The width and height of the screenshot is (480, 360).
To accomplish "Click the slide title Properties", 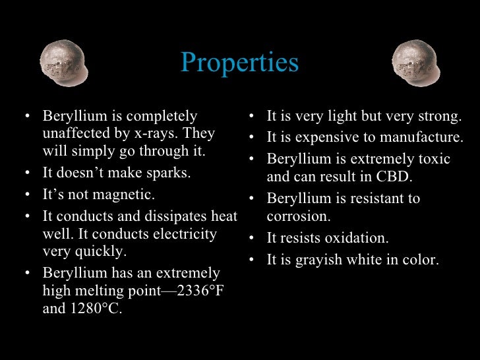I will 239,63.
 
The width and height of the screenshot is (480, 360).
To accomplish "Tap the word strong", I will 440,117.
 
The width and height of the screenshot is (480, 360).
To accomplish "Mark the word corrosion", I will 298,216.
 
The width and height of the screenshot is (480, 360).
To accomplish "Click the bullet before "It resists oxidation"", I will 252,239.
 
